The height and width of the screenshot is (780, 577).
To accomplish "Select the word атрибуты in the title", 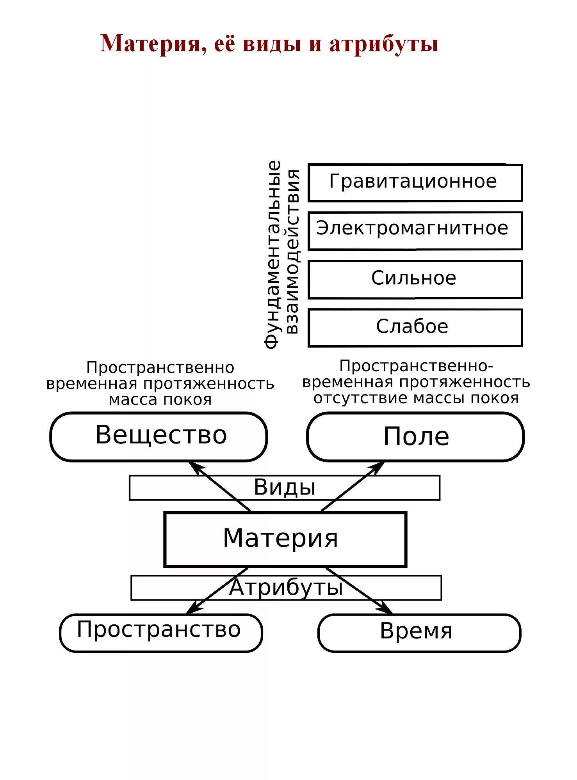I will (x=384, y=44).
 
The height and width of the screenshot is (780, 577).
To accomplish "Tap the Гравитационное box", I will (x=415, y=183).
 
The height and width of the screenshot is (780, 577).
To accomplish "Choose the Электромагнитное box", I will (x=415, y=230).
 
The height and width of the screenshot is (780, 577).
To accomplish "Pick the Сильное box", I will (x=415, y=279).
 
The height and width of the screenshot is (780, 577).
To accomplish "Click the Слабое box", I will (x=415, y=328).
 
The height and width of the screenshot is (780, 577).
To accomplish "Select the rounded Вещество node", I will (x=158, y=436).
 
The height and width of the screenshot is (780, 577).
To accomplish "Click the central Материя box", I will (x=285, y=539).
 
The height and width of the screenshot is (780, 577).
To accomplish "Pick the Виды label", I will (x=285, y=487).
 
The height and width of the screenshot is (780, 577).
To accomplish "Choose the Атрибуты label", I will (x=286, y=587).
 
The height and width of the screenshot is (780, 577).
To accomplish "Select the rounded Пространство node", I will (x=161, y=633).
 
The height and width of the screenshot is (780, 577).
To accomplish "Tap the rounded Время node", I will (x=419, y=633).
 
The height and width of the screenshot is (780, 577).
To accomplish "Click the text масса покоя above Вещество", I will (x=160, y=400).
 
